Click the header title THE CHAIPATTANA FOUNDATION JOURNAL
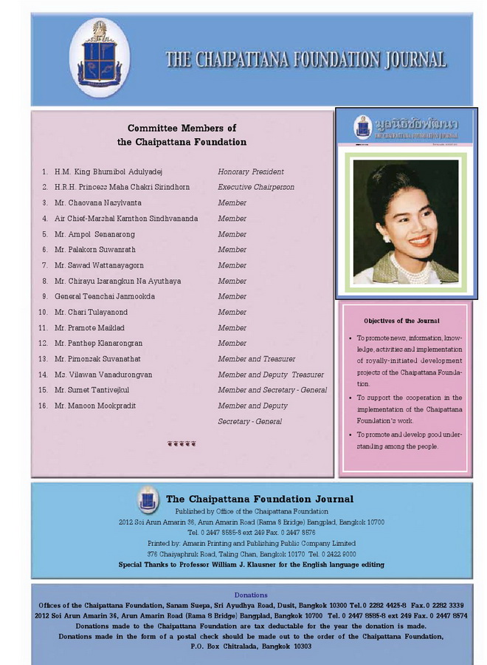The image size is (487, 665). coord(305,60)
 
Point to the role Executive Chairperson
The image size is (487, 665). coord(256,187)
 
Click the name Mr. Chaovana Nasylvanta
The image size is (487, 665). coord(98,202)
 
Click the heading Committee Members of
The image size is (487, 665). coord(182,129)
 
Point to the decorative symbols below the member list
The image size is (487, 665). coord(182,444)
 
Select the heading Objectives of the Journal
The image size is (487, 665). coord(401,321)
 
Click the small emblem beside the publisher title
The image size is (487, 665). coord(148,500)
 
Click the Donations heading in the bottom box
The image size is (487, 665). coord(251,595)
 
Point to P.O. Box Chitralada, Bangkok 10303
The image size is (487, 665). coord(251,646)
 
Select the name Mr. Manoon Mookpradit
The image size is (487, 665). coord(95,406)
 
